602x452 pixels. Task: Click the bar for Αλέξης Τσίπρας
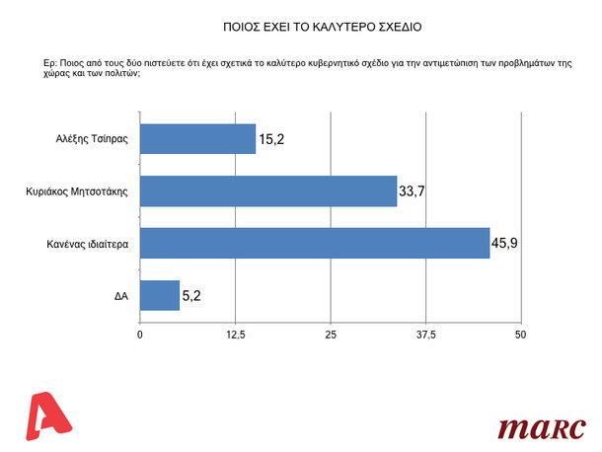tap(197, 139)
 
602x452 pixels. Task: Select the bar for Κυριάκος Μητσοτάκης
tap(268, 190)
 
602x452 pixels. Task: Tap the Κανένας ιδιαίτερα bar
tap(315, 243)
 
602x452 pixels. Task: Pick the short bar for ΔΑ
tap(160, 294)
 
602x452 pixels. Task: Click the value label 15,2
tap(272, 139)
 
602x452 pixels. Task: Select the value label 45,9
tap(506, 243)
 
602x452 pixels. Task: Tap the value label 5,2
tap(193, 295)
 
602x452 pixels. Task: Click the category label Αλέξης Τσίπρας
tap(93, 140)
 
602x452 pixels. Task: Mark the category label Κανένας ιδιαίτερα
tap(87, 243)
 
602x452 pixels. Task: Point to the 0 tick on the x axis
tap(140, 334)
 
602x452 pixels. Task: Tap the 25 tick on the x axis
tap(331, 334)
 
